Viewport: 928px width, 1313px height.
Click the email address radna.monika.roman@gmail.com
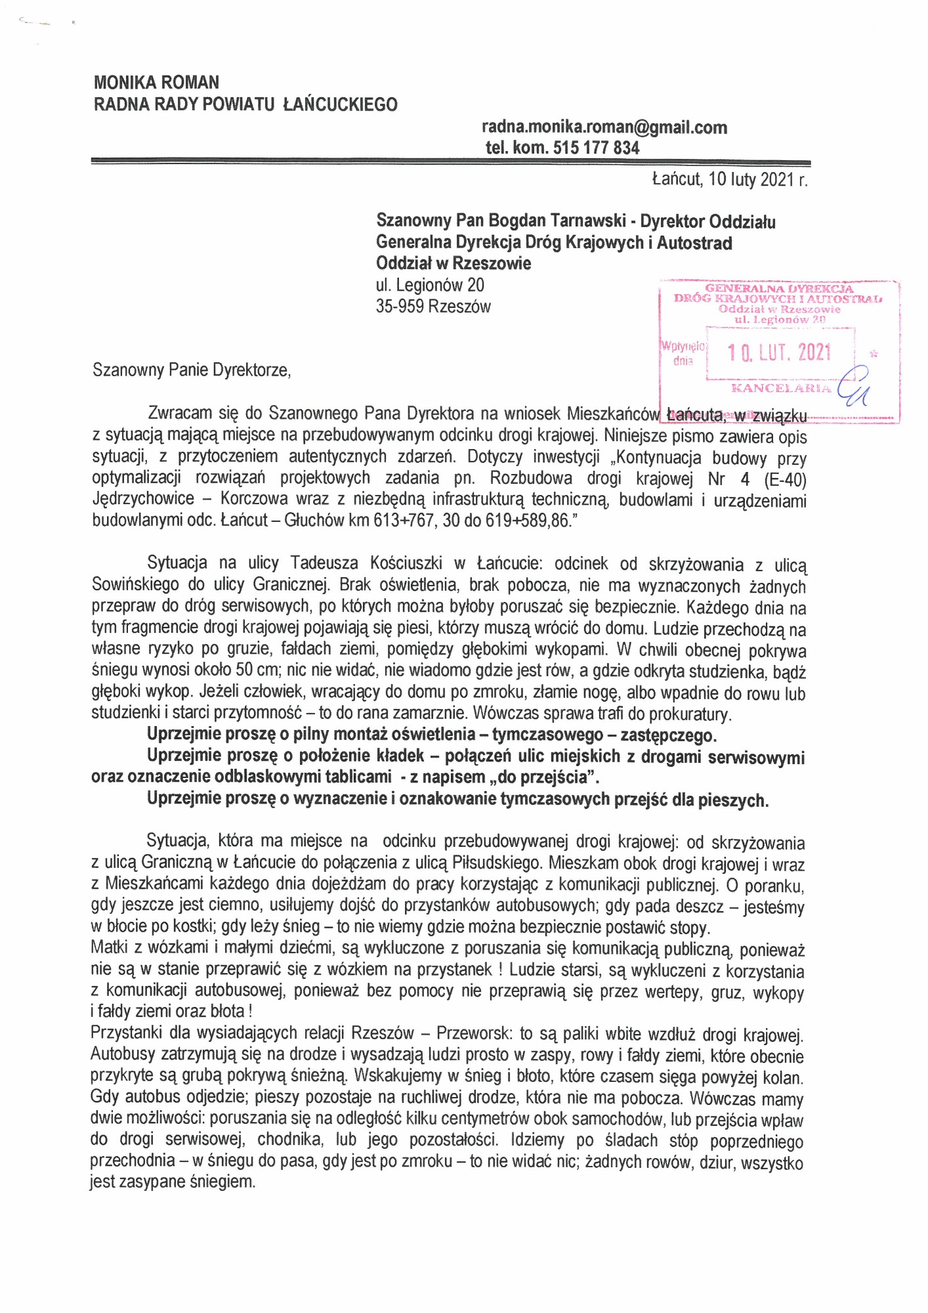(x=604, y=127)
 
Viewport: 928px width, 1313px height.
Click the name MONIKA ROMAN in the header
(x=156, y=83)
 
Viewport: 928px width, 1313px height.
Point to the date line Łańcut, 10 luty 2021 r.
(x=730, y=180)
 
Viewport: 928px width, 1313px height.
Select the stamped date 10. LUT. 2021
(x=779, y=353)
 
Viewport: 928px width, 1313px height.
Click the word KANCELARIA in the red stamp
(x=781, y=388)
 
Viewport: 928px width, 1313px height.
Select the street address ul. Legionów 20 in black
(x=430, y=286)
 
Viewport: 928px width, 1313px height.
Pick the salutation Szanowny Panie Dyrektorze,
(x=192, y=370)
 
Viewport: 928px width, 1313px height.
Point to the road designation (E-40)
(x=785, y=480)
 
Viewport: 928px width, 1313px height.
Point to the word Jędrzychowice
(x=143, y=500)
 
